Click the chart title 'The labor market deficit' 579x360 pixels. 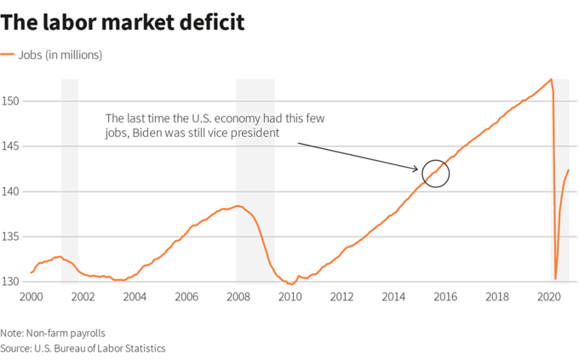coord(123,22)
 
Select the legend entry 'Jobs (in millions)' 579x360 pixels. coord(62,55)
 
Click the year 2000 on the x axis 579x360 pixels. coord(31,297)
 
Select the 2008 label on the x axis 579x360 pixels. coord(238,297)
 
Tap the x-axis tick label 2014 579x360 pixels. coord(394,297)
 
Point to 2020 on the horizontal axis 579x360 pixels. coord(549,297)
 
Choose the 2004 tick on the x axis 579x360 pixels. coord(135,297)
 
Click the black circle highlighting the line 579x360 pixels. coord(435,173)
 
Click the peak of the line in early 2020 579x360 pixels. coord(551,79)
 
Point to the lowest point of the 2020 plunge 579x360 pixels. coord(555,278)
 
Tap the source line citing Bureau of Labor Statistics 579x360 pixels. coord(83,348)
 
